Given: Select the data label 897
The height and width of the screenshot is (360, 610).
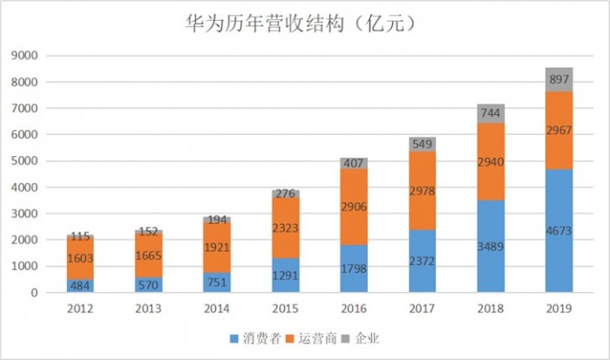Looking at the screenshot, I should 559,79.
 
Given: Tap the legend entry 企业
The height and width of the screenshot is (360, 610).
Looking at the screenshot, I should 362,337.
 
